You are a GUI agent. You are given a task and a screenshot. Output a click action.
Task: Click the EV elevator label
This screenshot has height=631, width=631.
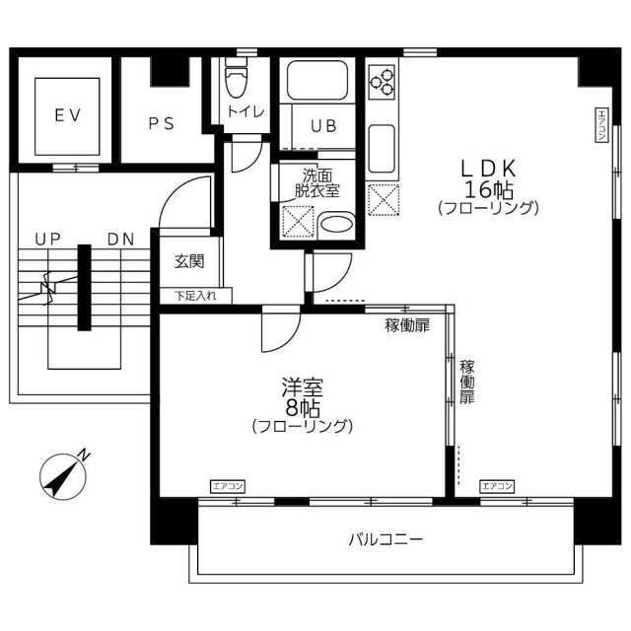point(68,116)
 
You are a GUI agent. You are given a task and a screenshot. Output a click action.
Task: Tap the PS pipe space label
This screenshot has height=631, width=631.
point(162,123)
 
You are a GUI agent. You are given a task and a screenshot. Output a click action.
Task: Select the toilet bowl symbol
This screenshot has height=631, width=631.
point(237,79)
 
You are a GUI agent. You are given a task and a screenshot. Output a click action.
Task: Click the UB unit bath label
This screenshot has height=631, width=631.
point(323,126)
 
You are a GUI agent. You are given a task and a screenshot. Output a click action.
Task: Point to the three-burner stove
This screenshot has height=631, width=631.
point(383,83)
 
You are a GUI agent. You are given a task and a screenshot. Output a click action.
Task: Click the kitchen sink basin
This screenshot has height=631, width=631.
point(382,149)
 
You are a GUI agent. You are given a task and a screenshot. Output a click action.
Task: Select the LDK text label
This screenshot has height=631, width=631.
point(488,169)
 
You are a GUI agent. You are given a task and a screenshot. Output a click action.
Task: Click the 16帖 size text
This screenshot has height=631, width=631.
point(489,190)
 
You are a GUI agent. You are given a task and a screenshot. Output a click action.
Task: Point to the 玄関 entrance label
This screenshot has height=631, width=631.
point(189,261)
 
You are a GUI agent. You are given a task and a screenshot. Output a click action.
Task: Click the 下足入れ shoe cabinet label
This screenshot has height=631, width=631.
point(195,296)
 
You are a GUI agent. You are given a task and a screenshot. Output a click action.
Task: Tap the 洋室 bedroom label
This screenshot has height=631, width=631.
point(303,386)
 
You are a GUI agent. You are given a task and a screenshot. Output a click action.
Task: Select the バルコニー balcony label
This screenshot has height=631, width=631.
point(386,539)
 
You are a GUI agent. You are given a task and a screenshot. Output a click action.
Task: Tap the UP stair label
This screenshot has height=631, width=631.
point(48,239)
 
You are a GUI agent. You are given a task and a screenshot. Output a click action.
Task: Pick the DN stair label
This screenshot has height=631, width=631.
point(120,240)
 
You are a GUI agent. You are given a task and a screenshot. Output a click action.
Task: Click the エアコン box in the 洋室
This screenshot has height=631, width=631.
point(228,486)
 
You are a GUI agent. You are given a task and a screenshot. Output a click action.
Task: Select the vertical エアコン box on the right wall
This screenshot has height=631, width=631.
point(601,125)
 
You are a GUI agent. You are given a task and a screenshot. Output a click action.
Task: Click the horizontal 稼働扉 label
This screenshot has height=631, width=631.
point(407,325)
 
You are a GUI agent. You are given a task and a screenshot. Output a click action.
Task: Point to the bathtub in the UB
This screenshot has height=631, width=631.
point(317,80)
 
